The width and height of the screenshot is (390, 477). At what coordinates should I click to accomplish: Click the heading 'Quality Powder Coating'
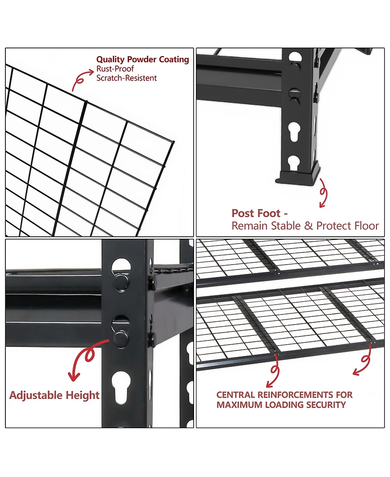pyautogui.click(x=142, y=60)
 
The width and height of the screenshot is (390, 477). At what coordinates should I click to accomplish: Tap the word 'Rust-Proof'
pyautogui.click(x=115, y=69)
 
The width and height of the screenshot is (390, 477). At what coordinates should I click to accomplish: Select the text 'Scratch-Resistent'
pyautogui.click(x=127, y=78)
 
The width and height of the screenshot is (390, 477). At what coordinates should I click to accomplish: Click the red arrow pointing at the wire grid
pyautogui.click(x=81, y=80)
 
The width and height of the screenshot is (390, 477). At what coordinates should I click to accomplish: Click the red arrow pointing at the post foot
pyautogui.click(x=323, y=193)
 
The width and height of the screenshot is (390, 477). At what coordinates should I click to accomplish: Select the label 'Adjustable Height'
pyautogui.click(x=54, y=395)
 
